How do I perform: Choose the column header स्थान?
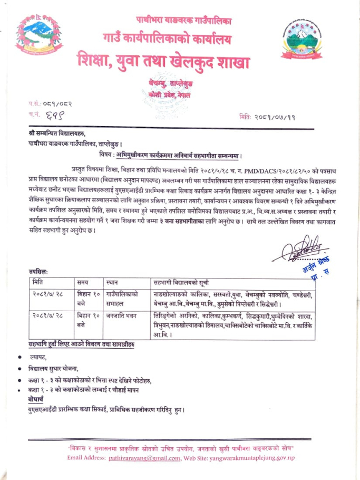[x=113, y=282]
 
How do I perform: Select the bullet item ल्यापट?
[x=37, y=358]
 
